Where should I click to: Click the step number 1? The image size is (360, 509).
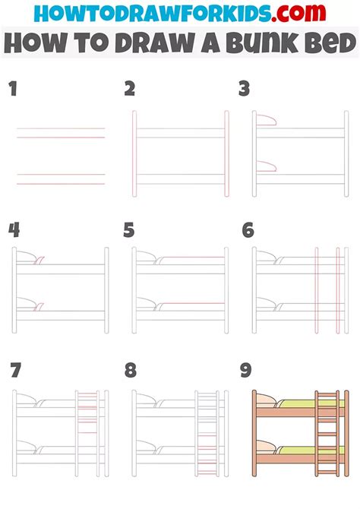13,89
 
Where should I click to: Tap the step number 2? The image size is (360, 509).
130,89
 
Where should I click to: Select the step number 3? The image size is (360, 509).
244,89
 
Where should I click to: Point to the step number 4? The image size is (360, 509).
14,230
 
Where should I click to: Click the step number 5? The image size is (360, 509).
129,230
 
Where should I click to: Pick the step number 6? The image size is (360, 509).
248,230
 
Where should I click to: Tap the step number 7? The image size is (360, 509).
16,370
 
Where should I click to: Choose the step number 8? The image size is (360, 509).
131,370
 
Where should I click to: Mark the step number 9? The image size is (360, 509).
246,370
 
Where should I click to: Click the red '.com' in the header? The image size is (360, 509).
298,13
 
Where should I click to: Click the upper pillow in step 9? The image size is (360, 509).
266,400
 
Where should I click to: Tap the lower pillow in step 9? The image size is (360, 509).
266,447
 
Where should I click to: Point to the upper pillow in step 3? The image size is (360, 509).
266,120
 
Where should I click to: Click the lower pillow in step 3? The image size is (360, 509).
266,166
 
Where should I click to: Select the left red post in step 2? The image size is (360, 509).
134,153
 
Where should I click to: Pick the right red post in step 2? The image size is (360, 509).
226,153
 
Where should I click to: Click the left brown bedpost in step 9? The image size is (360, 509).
254,433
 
